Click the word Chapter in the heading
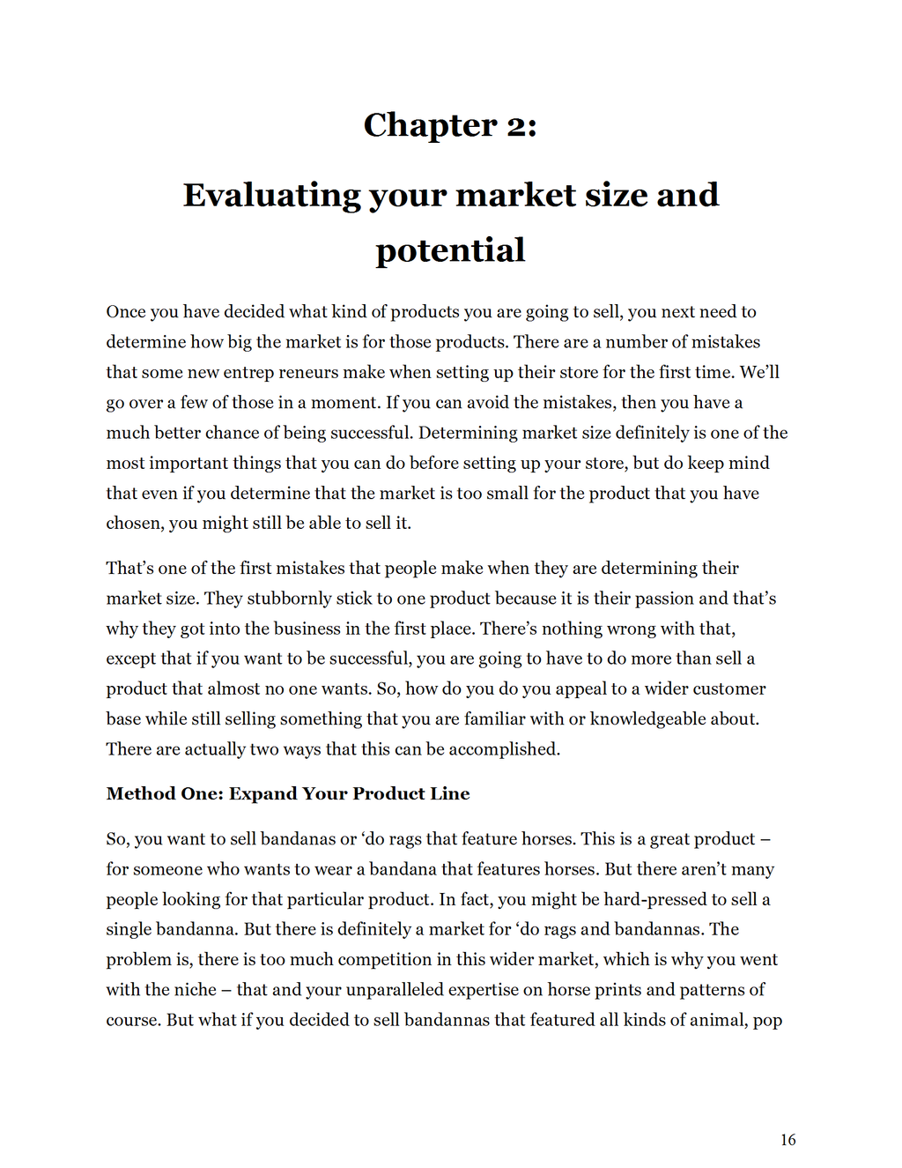coord(430,126)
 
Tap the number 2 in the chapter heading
coord(516,126)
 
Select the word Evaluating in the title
coord(271,195)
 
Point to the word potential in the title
coord(450,250)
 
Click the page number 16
coord(787,1140)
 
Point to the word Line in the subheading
coord(449,793)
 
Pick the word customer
coord(728,689)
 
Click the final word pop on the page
coord(767,1021)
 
